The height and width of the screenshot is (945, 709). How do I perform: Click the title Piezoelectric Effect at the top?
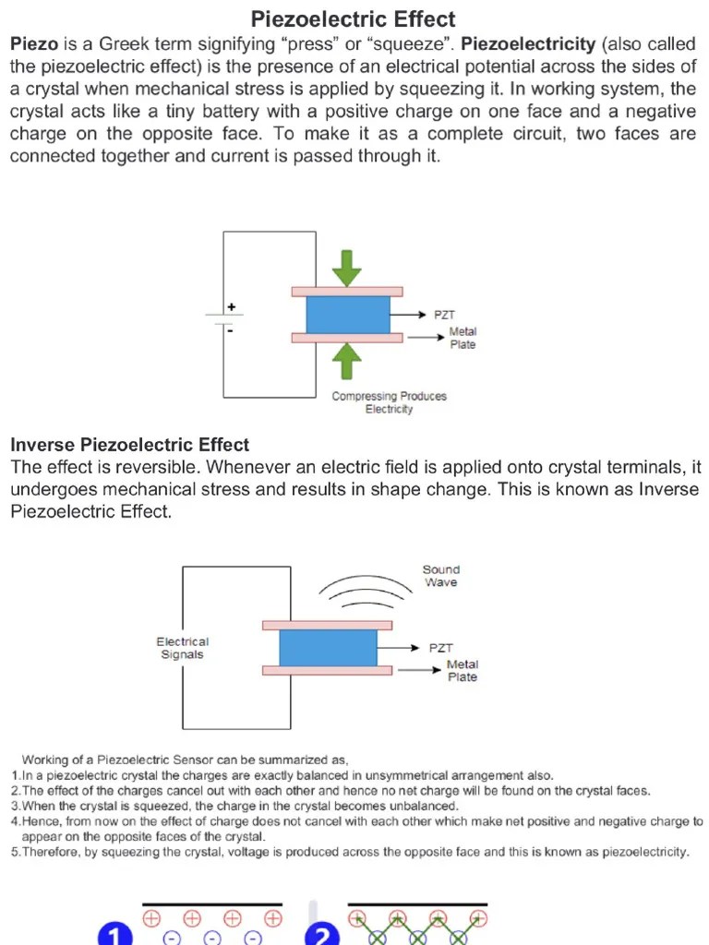click(x=354, y=19)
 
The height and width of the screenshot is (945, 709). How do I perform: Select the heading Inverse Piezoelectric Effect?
click(x=129, y=445)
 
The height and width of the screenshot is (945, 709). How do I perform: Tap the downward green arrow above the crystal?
click(x=347, y=266)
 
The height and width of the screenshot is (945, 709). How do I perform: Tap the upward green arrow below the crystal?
click(x=346, y=361)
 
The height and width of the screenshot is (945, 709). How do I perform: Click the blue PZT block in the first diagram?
click(x=347, y=314)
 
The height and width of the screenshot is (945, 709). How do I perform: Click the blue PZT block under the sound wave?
click(x=328, y=647)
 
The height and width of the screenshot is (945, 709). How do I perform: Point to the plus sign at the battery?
click(x=231, y=306)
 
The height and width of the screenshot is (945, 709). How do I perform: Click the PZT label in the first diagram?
click(x=445, y=315)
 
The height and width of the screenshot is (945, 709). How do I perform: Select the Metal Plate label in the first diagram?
click(x=463, y=338)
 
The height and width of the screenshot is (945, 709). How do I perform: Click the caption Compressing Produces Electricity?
click(x=389, y=402)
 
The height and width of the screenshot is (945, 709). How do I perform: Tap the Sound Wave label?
click(x=440, y=576)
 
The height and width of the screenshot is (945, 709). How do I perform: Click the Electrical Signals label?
click(x=182, y=648)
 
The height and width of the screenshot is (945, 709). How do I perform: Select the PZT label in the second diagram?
click(x=441, y=648)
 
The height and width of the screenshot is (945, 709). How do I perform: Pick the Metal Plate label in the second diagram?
click(x=463, y=670)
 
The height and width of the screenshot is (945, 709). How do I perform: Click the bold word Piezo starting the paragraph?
click(x=34, y=44)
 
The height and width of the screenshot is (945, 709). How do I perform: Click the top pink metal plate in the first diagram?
click(x=347, y=292)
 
